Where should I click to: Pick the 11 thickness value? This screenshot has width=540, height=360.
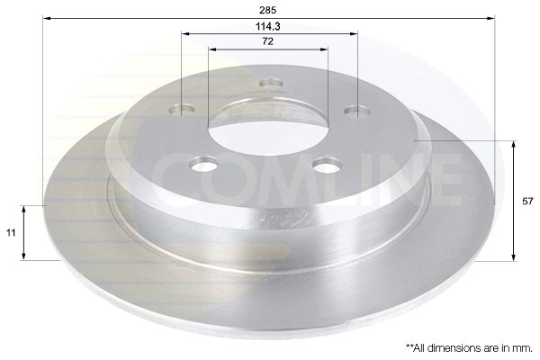click(x=11, y=232)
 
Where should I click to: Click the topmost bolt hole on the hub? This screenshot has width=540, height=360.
click(x=267, y=85)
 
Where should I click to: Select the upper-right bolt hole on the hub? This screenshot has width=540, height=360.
click(x=359, y=111)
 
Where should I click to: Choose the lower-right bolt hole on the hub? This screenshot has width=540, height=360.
click(x=325, y=166)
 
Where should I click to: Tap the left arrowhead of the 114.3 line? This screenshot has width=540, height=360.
click(x=185, y=34)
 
